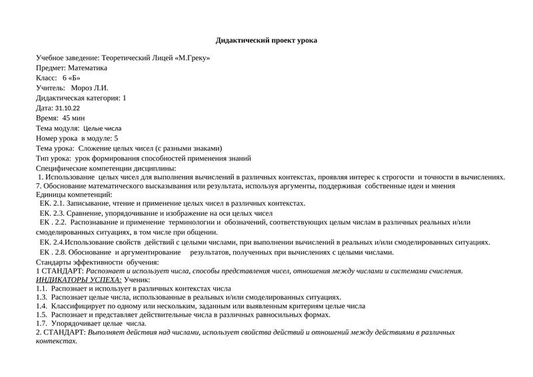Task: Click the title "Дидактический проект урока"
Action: [266, 41]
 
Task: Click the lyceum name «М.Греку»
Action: [193, 58]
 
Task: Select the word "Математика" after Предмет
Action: [87, 68]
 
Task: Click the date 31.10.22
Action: [67, 108]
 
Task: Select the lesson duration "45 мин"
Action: [74, 118]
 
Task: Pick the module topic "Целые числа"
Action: [102, 128]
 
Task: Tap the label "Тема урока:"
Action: [55, 148]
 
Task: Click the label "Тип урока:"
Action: [53, 159]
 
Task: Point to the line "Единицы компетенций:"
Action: [74, 194]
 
